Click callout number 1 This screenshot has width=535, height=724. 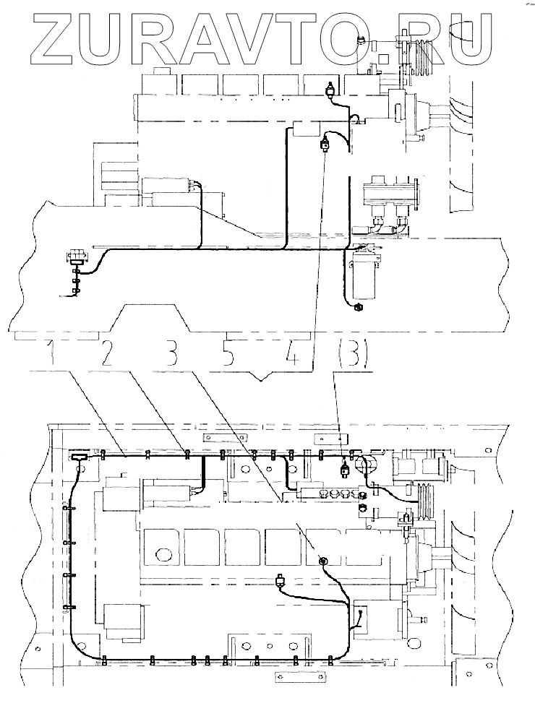[51, 354]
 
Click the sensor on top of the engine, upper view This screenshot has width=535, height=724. [330, 90]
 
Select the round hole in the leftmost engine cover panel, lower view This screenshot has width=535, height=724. [163, 555]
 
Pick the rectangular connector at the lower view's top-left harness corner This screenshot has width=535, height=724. [78, 456]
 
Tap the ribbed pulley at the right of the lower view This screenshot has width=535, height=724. [426, 499]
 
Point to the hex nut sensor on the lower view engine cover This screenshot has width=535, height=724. [322, 561]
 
